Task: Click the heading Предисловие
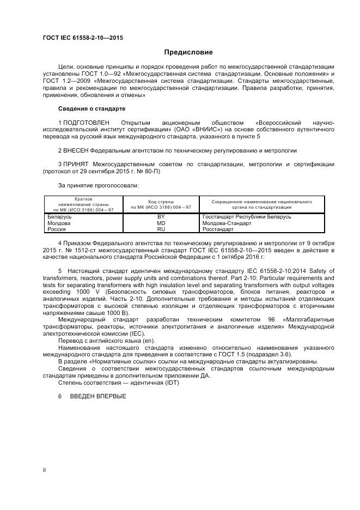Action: (x=188, y=52)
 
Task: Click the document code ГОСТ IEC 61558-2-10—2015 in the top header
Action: (x=83, y=37)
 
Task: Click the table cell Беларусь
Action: (x=61, y=217)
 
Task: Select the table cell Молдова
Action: (x=60, y=223)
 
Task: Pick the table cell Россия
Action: (x=58, y=229)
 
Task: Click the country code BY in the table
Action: (x=161, y=217)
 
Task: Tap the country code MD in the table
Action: (x=161, y=223)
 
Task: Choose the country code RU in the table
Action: (x=161, y=229)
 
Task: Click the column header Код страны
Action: (x=161, y=201)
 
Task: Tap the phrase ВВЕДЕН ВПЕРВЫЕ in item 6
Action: (x=98, y=396)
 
